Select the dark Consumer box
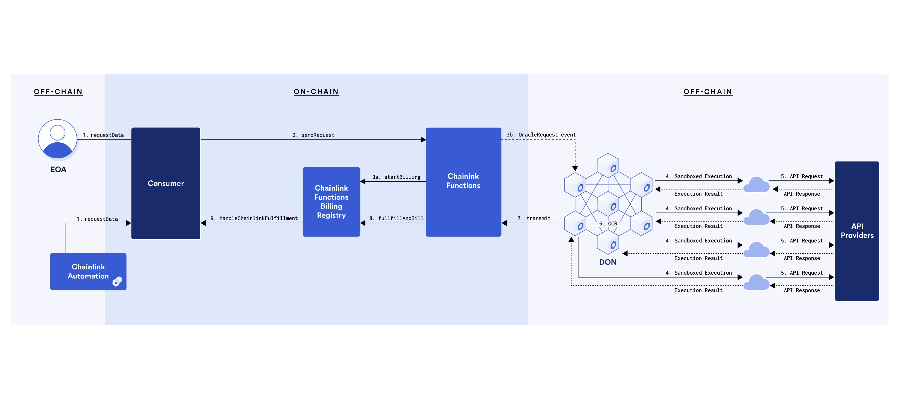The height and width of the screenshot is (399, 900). click(166, 183)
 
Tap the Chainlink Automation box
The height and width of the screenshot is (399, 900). click(88, 271)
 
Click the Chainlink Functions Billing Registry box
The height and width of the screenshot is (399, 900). click(331, 202)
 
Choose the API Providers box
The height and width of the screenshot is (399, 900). click(857, 231)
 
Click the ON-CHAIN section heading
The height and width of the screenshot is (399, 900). click(316, 92)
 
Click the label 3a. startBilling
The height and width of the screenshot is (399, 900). click(396, 177)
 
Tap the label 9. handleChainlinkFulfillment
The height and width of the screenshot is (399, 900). click(254, 218)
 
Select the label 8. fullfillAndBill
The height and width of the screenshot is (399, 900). click(396, 218)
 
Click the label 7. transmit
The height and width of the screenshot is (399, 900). click(534, 218)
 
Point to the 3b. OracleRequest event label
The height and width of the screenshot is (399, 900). click(541, 135)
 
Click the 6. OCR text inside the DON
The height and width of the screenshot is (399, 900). click(608, 223)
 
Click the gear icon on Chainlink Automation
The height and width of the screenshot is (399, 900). click(117, 281)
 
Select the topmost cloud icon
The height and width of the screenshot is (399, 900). click(756, 185)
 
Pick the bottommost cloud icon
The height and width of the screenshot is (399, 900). click(756, 282)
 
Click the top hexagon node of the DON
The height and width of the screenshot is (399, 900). click(608, 165)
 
